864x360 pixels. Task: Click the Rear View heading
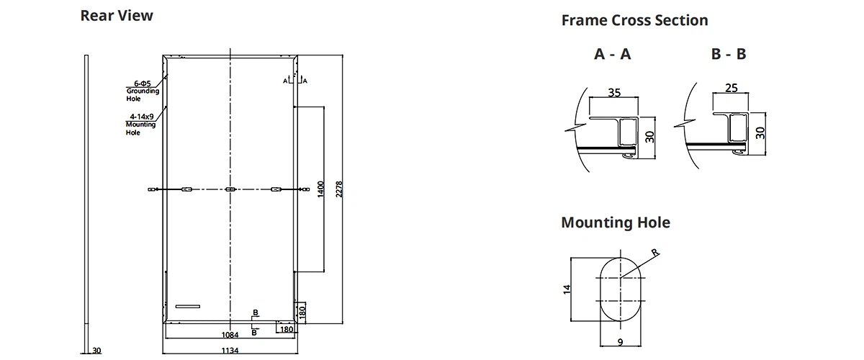[117, 15]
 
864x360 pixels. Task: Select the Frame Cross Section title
[634, 20]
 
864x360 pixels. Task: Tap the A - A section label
[613, 54]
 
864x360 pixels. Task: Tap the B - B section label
[728, 54]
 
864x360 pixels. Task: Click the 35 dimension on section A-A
[613, 92]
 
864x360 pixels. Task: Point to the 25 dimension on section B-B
[731, 88]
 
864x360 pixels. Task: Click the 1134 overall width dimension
[230, 351]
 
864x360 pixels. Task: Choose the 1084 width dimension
[230, 336]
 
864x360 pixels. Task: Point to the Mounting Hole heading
[615, 222]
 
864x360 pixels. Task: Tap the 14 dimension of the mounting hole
[567, 289]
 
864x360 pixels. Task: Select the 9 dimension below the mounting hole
[619, 341]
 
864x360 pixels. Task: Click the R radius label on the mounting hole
[654, 252]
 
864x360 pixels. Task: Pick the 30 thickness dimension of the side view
[98, 351]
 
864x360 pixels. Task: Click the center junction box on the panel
[230, 189]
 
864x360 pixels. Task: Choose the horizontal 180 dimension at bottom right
[286, 330]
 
